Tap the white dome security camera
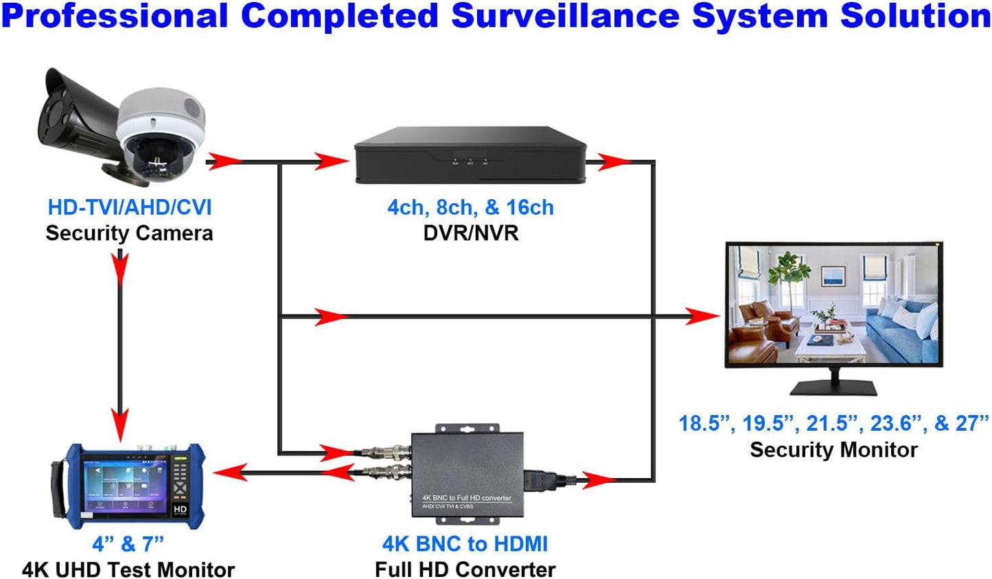pos(159,134)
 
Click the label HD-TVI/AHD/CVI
pos(129,207)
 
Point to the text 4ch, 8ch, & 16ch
pos(470,207)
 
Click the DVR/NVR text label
pos(470,233)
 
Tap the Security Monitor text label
pos(833,450)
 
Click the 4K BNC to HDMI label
pos(465,544)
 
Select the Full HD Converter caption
pos(465,569)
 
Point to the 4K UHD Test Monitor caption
pos(128,569)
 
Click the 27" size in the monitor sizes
pos(971,423)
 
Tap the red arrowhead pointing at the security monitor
pos(704,316)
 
